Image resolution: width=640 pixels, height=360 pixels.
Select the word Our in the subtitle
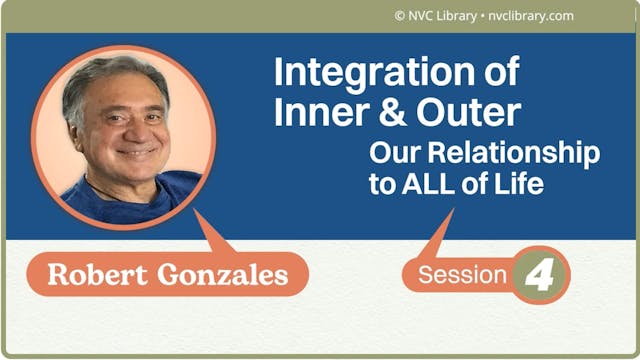(390, 155)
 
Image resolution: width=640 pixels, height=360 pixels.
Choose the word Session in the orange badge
(459, 275)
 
